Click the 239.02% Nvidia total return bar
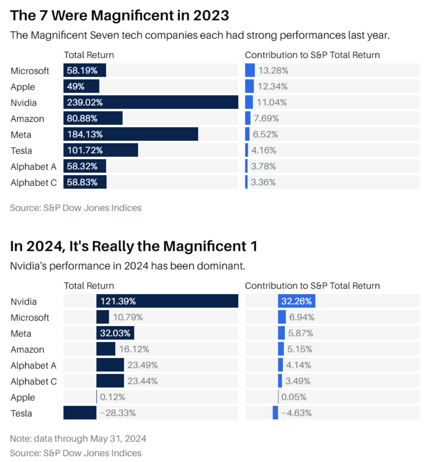coord(151,102)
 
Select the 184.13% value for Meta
coord(85,134)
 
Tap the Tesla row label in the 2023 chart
coord(21,150)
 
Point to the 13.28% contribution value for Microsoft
coord(273,71)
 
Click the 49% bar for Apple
coord(81,86)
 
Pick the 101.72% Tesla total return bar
coord(101,150)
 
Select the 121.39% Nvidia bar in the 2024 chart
coord(167,301)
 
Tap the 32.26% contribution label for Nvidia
coord(296,301)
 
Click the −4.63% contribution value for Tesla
coord(296,413)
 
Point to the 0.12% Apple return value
coord(112,398)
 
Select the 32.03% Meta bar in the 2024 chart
coord(115,333)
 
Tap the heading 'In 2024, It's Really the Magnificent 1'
coord(134,246)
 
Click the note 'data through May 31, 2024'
coord(78,438)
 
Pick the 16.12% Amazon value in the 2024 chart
coord(133,349)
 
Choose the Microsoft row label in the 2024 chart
coord(30,317)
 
